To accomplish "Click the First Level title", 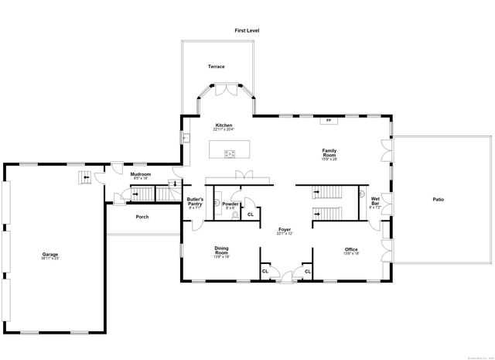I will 247,30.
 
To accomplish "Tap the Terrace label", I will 216,67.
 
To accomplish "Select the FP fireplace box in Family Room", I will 329,120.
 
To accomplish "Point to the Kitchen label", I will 224,125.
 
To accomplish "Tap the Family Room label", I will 329,153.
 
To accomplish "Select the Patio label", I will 438,200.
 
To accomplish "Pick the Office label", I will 350,249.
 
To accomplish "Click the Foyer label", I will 285,230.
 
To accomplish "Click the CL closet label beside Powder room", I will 250,214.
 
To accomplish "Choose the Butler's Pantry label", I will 194,201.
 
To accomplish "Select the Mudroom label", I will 140,174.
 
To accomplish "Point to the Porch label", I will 142,217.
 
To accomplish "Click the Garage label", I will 50,254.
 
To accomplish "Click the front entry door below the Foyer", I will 286,276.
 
